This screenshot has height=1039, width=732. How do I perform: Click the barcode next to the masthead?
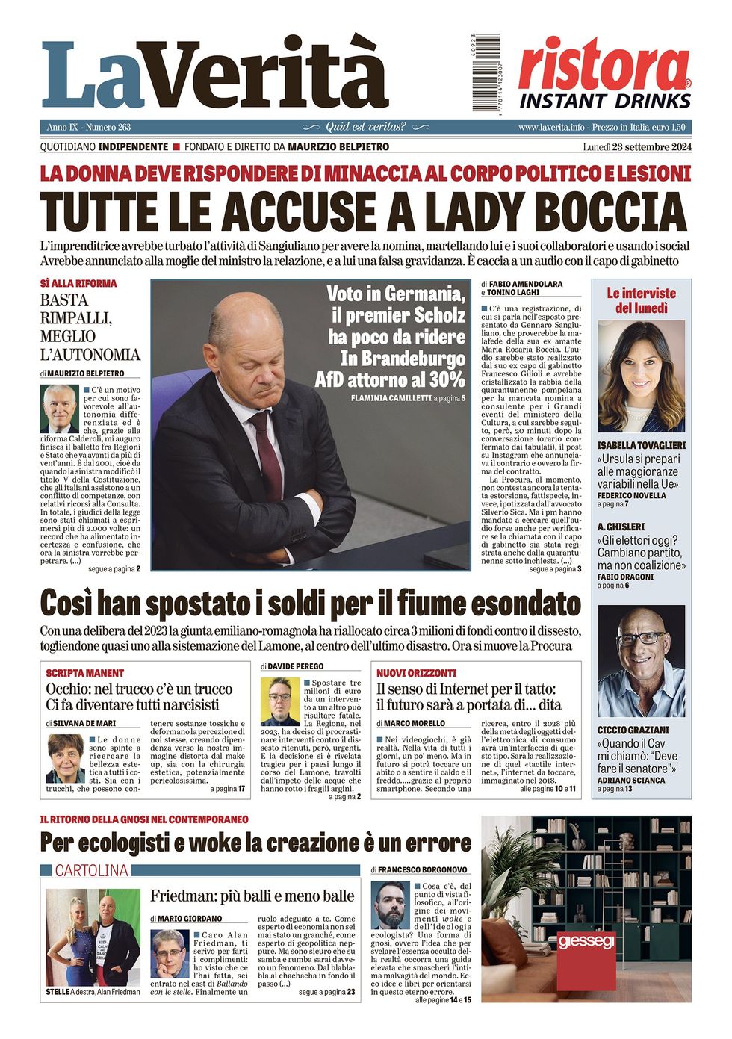[x=486, y=73]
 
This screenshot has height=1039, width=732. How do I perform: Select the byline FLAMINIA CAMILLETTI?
[x=390, y=399]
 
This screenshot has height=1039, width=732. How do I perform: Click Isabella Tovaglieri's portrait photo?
[x=641, y=376]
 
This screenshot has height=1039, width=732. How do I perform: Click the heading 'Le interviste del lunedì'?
[x=641, y=300]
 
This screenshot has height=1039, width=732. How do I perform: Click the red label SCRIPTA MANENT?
[x=85, y=673]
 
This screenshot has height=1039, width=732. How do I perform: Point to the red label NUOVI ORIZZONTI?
[x=416, y=673]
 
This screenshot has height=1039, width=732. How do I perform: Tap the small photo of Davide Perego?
[x=279, y=701]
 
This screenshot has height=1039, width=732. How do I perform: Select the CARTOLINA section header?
[x=91, y=870]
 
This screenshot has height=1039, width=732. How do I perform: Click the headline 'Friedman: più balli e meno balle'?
[x=252, y=896]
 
